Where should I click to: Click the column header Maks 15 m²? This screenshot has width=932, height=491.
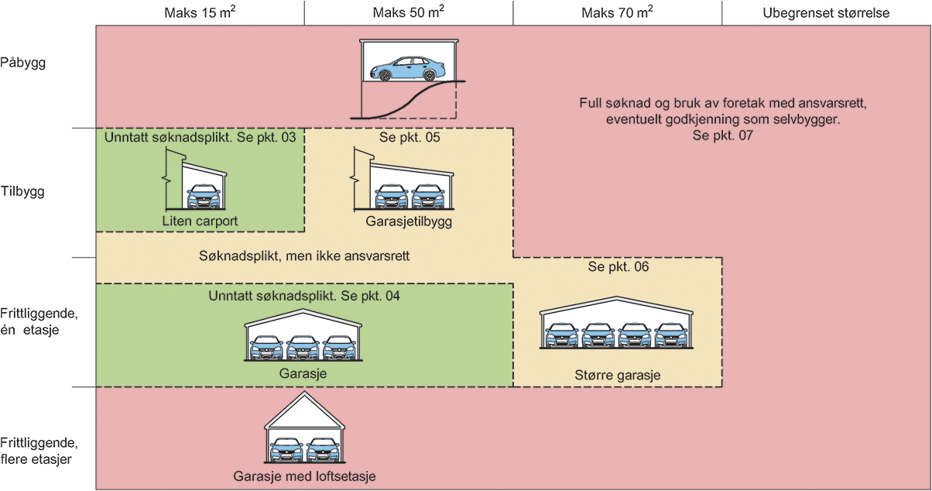(200, 13)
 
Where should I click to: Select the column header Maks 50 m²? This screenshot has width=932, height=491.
(408, 13)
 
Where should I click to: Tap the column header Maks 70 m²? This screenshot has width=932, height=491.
(617, 13)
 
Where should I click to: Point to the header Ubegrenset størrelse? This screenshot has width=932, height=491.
(826, 13)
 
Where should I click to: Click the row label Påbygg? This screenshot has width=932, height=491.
(23, 64)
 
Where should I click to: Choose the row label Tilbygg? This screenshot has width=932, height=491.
(23, 192)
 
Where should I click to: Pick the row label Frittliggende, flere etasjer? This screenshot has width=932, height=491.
(39, 451)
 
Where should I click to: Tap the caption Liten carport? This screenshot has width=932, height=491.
(200, 221)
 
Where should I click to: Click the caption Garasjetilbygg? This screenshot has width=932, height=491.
(408, 221)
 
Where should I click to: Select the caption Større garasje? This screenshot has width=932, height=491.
(617, 376)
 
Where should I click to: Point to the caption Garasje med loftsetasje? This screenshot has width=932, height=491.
(304, 476)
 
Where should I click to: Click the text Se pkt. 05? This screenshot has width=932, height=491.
(408, 138)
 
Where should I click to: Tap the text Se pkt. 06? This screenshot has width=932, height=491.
(617, 267)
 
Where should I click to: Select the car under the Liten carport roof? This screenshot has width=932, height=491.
(203, 197)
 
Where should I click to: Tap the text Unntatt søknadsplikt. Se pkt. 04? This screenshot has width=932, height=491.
(303, 295)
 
